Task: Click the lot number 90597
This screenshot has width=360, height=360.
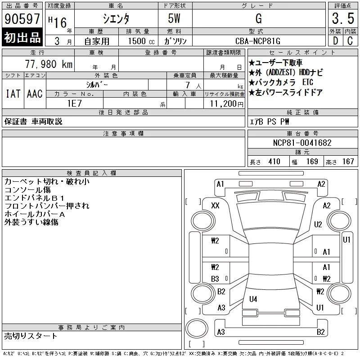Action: [22, 19]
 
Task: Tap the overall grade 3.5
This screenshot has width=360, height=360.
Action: [343, 18]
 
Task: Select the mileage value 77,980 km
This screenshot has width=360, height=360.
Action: [49, 64]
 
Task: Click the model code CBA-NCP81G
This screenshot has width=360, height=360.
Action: [258, 41]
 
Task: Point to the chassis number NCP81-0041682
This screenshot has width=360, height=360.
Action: [302, 143]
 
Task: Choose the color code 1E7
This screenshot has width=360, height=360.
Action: [74, 103]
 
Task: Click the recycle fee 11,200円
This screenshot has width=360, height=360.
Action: [226, 104]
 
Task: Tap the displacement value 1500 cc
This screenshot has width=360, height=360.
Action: [141, 41]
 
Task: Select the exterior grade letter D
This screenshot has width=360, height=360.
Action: [335, 41]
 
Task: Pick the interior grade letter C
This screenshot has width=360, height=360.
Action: [350, 41]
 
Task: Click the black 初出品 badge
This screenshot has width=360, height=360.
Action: [22, 37]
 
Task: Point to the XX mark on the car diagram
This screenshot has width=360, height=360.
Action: [215, 206]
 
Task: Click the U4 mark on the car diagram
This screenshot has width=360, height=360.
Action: [253, 299]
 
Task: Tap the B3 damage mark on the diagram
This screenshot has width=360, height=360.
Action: [215, 279]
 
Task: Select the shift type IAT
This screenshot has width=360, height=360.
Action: [13, 94]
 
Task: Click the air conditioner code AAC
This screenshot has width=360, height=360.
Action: [35, 94]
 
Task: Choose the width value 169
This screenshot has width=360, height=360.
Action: [312, 162]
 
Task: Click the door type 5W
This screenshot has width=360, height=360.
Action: [174, 18]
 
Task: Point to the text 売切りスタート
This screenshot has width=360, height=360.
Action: [31, 336]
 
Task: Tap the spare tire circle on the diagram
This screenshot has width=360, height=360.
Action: [197, 328]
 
